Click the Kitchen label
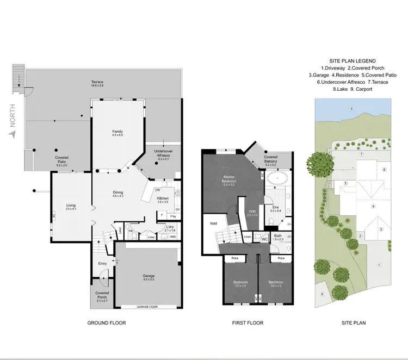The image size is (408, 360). tap(163, 198)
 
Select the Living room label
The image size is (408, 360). tap(71, 205)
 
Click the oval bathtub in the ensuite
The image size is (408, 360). tap(278, 178)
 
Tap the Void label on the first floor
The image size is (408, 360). tap(213, 223)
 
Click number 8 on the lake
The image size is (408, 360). tap(351, 109)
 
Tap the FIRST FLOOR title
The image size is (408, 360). tap(248, 323)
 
